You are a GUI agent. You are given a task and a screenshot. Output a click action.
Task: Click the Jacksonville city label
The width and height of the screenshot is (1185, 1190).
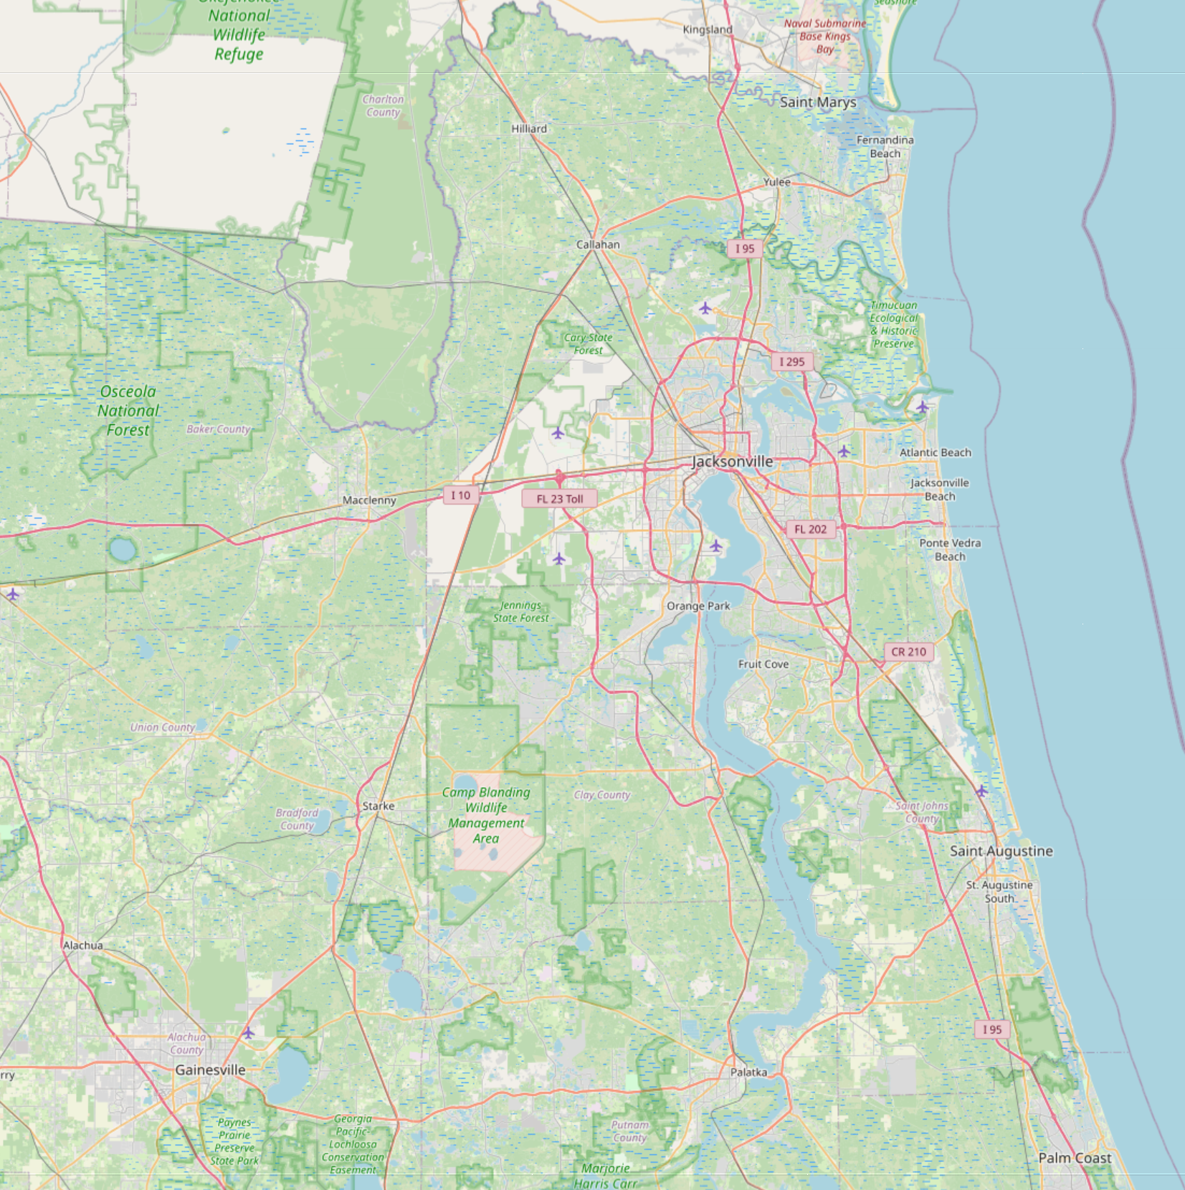point(732,462)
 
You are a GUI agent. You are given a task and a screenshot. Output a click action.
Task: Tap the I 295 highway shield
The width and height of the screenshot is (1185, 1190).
point(792,362)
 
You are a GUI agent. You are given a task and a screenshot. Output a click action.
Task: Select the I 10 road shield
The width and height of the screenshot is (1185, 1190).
point(460,495)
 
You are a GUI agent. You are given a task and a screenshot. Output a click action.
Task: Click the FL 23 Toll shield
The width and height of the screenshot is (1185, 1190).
point(559,499)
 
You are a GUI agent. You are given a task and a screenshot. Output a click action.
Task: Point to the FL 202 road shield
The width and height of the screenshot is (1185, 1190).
point(810,530)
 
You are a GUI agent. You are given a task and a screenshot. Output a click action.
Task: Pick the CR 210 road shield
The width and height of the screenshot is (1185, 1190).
point(908,652)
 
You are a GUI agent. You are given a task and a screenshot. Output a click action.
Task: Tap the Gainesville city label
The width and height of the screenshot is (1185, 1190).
point(210,1070)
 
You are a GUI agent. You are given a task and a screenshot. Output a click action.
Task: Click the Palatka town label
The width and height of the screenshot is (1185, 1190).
point(748,1072)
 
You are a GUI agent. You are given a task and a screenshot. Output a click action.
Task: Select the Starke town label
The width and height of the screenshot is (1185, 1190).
point(379,806)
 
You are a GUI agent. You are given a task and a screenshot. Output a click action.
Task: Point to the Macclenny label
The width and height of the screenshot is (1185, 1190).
point(369,500)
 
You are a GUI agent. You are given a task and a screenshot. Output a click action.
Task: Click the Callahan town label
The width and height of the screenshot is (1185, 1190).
point(598,244)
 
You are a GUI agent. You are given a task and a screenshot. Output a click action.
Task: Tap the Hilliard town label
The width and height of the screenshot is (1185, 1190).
point(529,129)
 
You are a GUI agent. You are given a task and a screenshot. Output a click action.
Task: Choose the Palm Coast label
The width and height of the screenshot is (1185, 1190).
point(1075,1158)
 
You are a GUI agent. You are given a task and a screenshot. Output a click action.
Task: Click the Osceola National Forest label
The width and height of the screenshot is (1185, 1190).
point(128,411)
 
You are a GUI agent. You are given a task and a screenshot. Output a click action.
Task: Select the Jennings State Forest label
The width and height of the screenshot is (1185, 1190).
point(520,611)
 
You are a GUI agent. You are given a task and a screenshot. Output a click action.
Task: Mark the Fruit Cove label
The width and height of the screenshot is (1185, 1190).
point(763,665)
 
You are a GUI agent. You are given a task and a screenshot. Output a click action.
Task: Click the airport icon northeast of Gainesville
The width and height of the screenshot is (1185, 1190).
point(248,1033)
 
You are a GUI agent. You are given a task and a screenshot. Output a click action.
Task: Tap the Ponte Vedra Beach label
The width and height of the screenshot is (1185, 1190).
point(950,550)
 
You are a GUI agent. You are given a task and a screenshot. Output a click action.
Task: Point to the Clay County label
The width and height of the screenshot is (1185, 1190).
point(602,795)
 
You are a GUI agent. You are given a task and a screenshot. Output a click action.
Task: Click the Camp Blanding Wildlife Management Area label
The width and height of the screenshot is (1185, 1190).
point(486,815)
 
